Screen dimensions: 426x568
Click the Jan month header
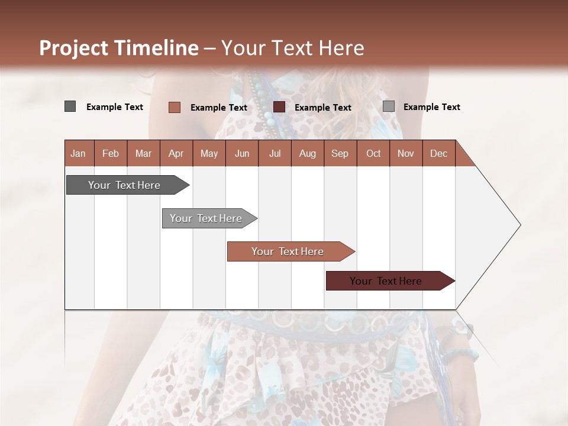tap(78, 153)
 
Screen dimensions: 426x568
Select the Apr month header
tap(176, 153)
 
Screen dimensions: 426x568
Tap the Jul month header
tap(275, 153)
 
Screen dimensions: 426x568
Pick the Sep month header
tap(340, 153)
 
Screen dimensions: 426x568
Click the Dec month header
tap(438, 153)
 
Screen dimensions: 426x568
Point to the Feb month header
tap(111, 153)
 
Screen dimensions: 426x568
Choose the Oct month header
tap(373, 153)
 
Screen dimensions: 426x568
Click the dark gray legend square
tap(70, 106)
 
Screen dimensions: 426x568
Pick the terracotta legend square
tap(174, 107)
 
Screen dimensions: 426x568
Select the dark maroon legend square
tap(279, 107)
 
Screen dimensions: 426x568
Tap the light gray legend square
tap(388, 106)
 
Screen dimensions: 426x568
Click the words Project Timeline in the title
tap(118, 48)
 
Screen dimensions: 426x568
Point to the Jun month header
tap(241, 153)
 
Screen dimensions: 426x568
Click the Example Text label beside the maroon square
tap(322, 108)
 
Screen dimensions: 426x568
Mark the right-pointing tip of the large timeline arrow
tap(519, 225)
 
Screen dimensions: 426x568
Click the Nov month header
tap(405, 153)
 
